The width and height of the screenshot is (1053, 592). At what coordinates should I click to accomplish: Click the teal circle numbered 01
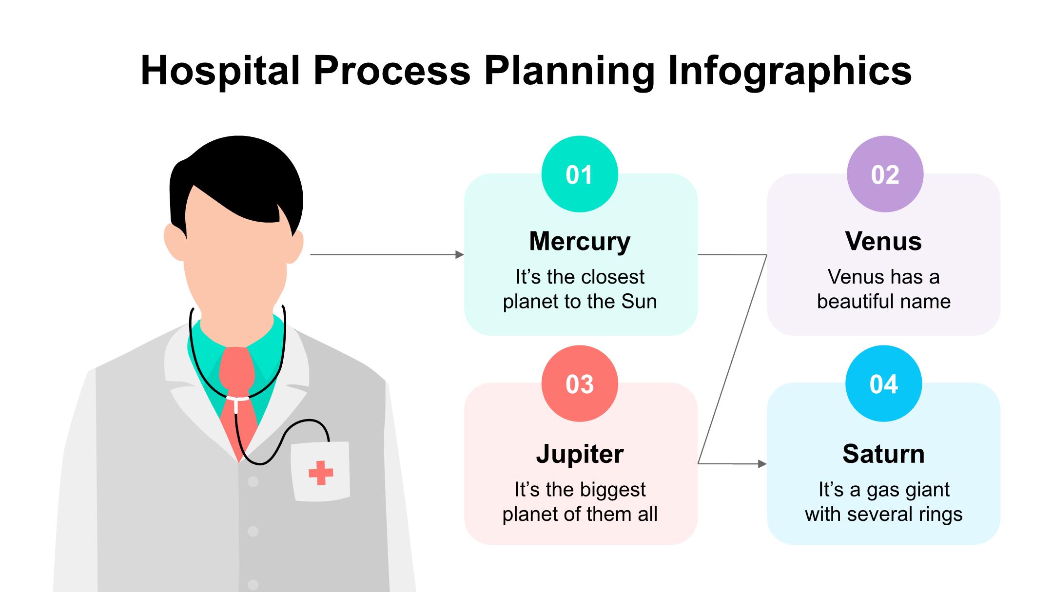click(580, 174)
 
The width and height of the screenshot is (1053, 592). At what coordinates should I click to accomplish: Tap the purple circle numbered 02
click(885, 174)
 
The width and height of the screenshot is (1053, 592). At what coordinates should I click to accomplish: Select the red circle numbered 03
click(580, 383)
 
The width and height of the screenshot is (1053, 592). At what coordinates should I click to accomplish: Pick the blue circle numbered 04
click(883, 383)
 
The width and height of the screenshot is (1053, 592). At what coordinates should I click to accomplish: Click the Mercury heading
click(580, 241)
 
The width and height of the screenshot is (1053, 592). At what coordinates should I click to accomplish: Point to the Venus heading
click(883, 241)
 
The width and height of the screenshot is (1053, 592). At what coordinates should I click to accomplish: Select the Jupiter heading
click(580, 454)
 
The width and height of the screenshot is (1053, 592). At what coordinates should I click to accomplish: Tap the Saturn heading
click(883, 454)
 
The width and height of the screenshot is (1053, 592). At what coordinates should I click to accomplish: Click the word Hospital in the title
click(220, 71)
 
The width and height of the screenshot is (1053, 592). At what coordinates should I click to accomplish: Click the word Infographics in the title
click(789, 71)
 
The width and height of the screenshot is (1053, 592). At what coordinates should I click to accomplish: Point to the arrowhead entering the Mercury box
click(459, 254)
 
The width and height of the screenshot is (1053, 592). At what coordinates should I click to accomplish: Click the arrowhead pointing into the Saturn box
click(762, 464)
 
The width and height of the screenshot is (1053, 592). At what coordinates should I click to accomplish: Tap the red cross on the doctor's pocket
click(321, 473)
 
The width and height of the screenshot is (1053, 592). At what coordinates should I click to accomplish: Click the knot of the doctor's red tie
click(236, 370)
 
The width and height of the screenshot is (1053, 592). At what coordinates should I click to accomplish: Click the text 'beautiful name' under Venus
click(883, 302)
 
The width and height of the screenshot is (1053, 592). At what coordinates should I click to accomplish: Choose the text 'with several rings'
click(883, 514)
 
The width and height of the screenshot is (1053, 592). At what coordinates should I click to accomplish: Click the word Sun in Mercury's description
click(639, 302)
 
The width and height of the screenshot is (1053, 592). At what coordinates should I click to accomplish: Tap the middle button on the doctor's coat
click(253, 531)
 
